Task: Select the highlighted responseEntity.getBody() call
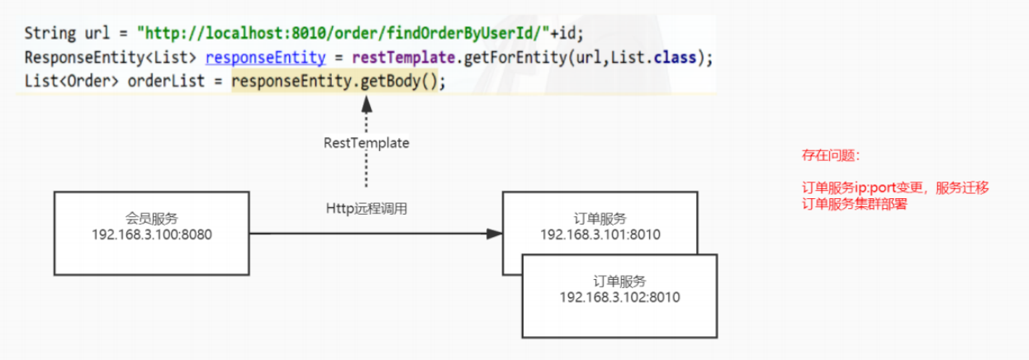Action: click(x=338, y=83)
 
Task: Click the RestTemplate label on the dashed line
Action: click(x=366, y=143)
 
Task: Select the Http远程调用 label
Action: click(x=366, y=209)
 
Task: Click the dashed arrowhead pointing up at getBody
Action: click(x=366, y=102)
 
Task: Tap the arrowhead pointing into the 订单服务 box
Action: click(x=494, y=234)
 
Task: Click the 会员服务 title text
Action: click(x=151, y=219)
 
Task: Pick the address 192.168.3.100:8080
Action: click(x=151, y=234)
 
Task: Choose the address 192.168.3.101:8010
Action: click(x=600, y=234)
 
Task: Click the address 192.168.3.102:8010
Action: click(x=619, y=297)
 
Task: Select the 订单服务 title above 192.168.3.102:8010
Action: click(x=619, y=282)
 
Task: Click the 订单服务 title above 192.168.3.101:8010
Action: click(x=600, y=219)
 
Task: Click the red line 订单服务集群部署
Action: click(x=854, y=204)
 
